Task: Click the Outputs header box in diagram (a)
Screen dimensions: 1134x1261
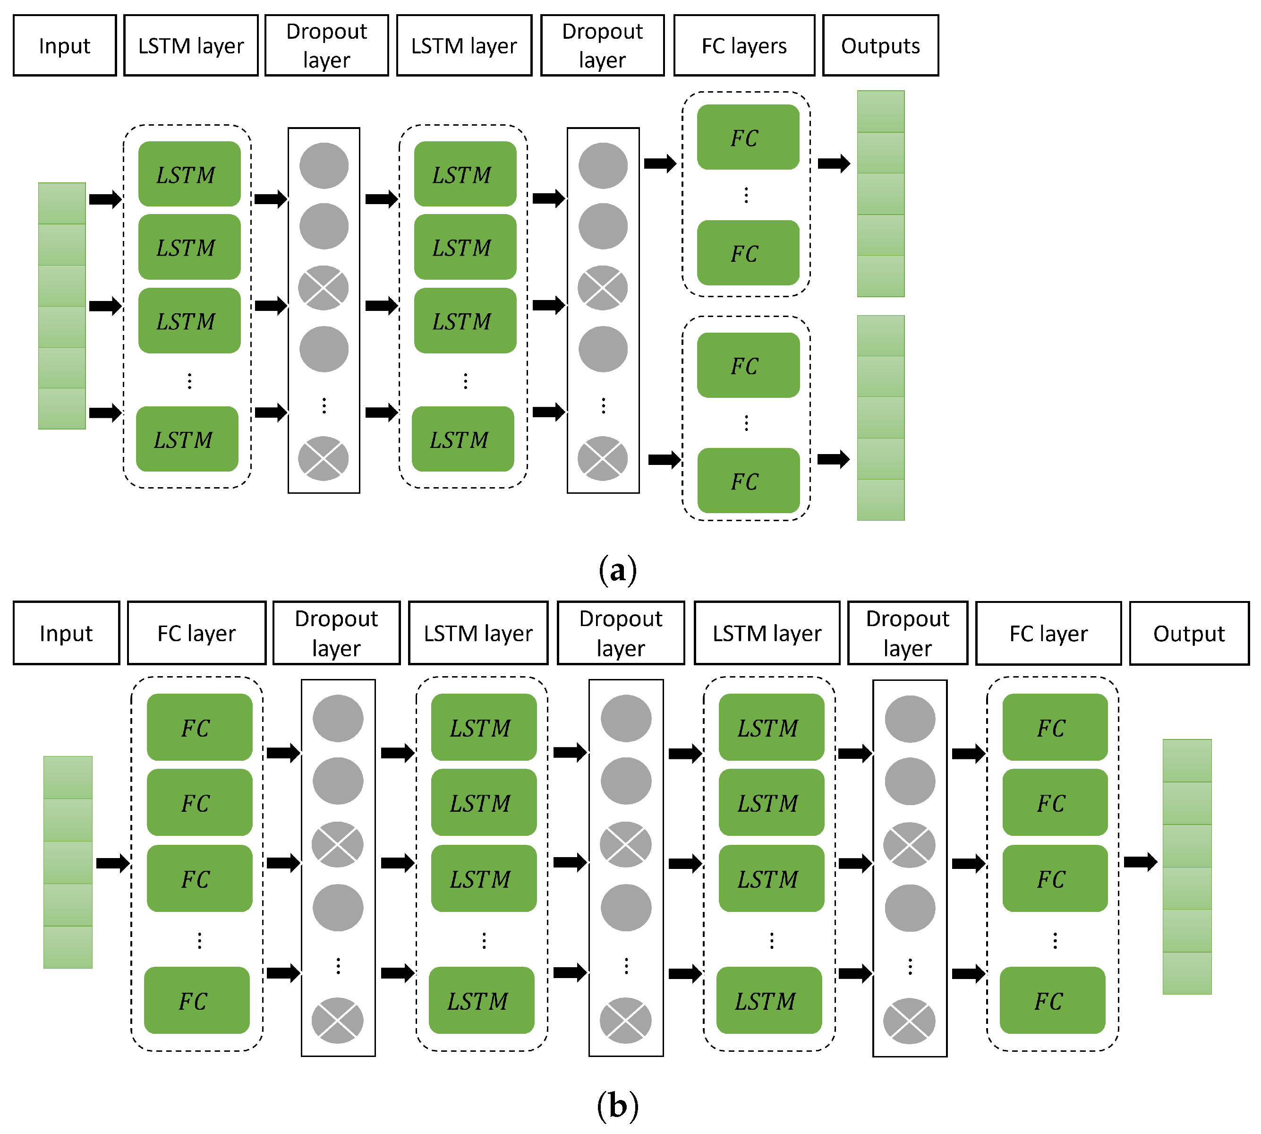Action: (880, 45)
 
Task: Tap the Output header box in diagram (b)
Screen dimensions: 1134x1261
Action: (1188, 633)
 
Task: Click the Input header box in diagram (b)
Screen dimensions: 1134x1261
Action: (66, 633)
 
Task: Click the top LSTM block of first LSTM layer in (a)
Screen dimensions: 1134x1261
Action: (189, 174)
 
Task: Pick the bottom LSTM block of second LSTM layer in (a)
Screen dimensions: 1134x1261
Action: (463, 439)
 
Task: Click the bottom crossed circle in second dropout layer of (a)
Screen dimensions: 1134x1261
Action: (602, 459)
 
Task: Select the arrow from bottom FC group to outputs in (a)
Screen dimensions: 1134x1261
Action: (833, 459)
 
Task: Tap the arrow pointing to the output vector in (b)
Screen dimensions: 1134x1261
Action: (1140, 862)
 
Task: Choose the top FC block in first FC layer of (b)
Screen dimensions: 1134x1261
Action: (199, 727)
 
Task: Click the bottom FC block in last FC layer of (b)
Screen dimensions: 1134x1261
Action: (1052, 1001)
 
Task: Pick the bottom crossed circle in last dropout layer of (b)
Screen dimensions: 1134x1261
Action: (909, 1021)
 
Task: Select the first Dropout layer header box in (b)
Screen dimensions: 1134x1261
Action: (336, 633)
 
